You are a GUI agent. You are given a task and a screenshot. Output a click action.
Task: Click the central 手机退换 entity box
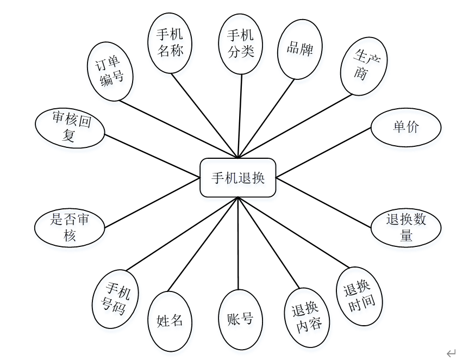[x=238, y=177]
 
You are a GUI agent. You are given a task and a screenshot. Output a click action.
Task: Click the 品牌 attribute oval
[x=299, y=49]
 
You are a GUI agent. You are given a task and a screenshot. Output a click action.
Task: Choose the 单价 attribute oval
[x=405, y=127]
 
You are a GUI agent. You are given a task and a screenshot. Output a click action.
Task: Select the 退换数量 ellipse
[x=405, y=227]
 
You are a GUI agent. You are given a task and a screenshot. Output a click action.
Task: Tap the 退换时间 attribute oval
[x=360, y=296]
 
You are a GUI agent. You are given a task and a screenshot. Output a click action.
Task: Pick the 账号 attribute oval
[x=240, y=320]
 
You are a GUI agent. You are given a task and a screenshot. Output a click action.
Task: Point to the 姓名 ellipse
[x=170, y=321]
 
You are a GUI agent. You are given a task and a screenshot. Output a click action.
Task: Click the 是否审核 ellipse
[x=69, y=227]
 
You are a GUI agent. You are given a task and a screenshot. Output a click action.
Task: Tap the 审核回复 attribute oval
[x=69, y=127]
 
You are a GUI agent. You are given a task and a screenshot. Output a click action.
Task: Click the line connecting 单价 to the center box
[x=324, y=153]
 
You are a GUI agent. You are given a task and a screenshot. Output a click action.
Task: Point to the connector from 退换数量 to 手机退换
[x=324, y=202]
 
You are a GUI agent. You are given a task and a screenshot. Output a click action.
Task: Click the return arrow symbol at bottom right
[x=451, y=353]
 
